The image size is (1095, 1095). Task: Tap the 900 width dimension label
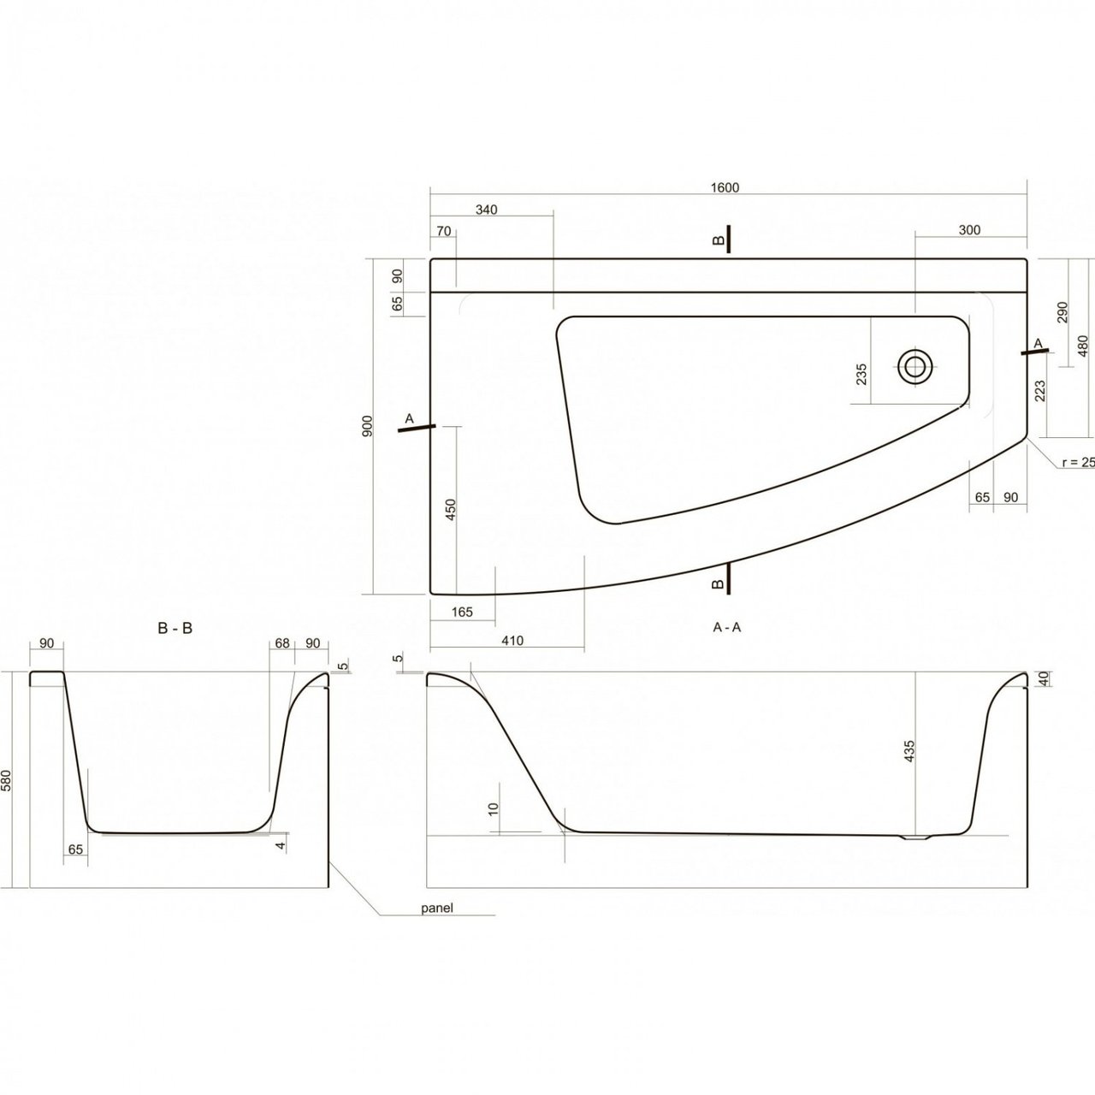point(366,425)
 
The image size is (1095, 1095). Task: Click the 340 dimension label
point(485,210)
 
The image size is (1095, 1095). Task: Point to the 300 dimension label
point(969,229)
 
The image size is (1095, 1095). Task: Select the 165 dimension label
point(461,612)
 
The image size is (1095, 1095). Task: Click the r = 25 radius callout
point(1077,462)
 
